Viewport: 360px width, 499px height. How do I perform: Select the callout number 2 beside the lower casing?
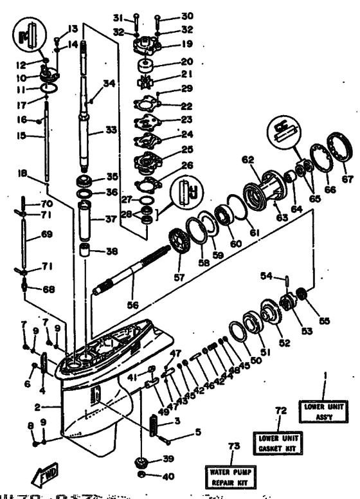click(39, 408)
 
